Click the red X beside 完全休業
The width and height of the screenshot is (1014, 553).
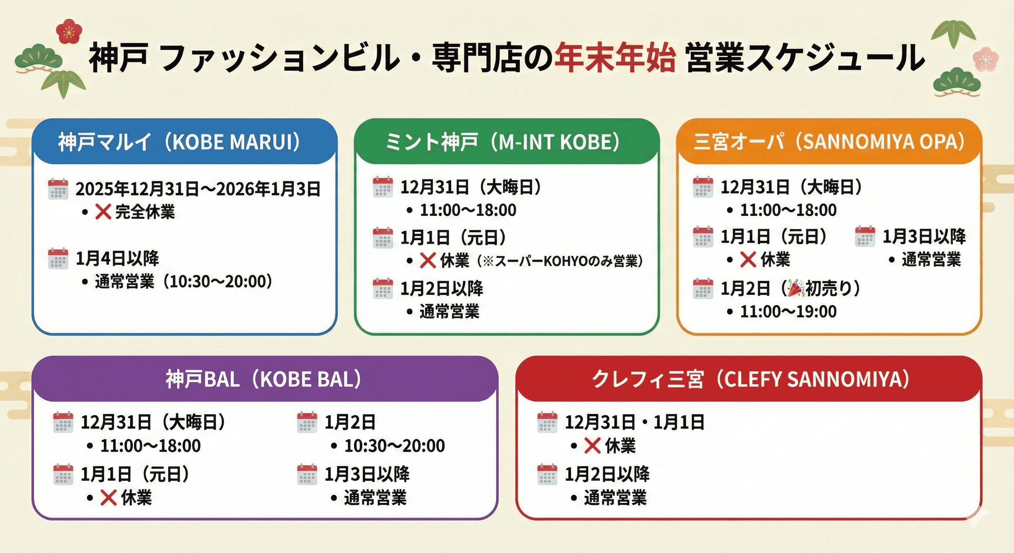tap(103, 212)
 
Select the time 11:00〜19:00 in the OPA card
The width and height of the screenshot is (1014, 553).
tap(788, 312)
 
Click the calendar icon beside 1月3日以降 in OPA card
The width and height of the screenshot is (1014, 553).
tap(865, 237)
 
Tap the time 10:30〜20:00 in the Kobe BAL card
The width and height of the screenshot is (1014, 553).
tap(394, 446)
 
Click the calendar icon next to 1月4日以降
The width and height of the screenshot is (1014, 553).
tap(58, 258)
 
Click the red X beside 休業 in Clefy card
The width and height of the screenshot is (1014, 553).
tap(592, 446)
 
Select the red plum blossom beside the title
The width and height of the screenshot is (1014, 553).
tap(69, 31)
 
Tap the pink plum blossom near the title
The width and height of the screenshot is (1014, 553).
tap(985, 59)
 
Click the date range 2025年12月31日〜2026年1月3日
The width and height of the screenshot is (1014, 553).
tap(198, 189)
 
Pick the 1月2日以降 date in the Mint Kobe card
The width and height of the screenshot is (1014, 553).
tap(442, 288)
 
